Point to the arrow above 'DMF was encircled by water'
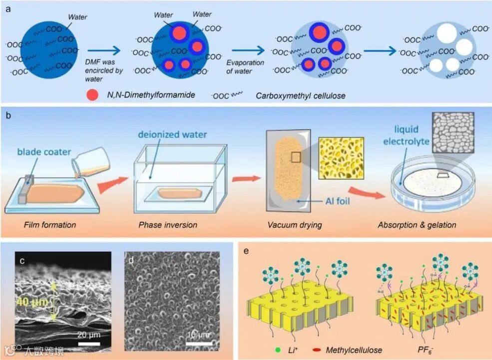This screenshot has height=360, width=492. point(103,50)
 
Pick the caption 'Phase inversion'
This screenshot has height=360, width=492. point(168,225)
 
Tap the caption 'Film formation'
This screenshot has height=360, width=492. point(50,225)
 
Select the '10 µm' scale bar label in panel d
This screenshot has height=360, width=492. point(198,334)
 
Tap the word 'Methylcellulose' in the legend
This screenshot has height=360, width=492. point(354,350)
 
